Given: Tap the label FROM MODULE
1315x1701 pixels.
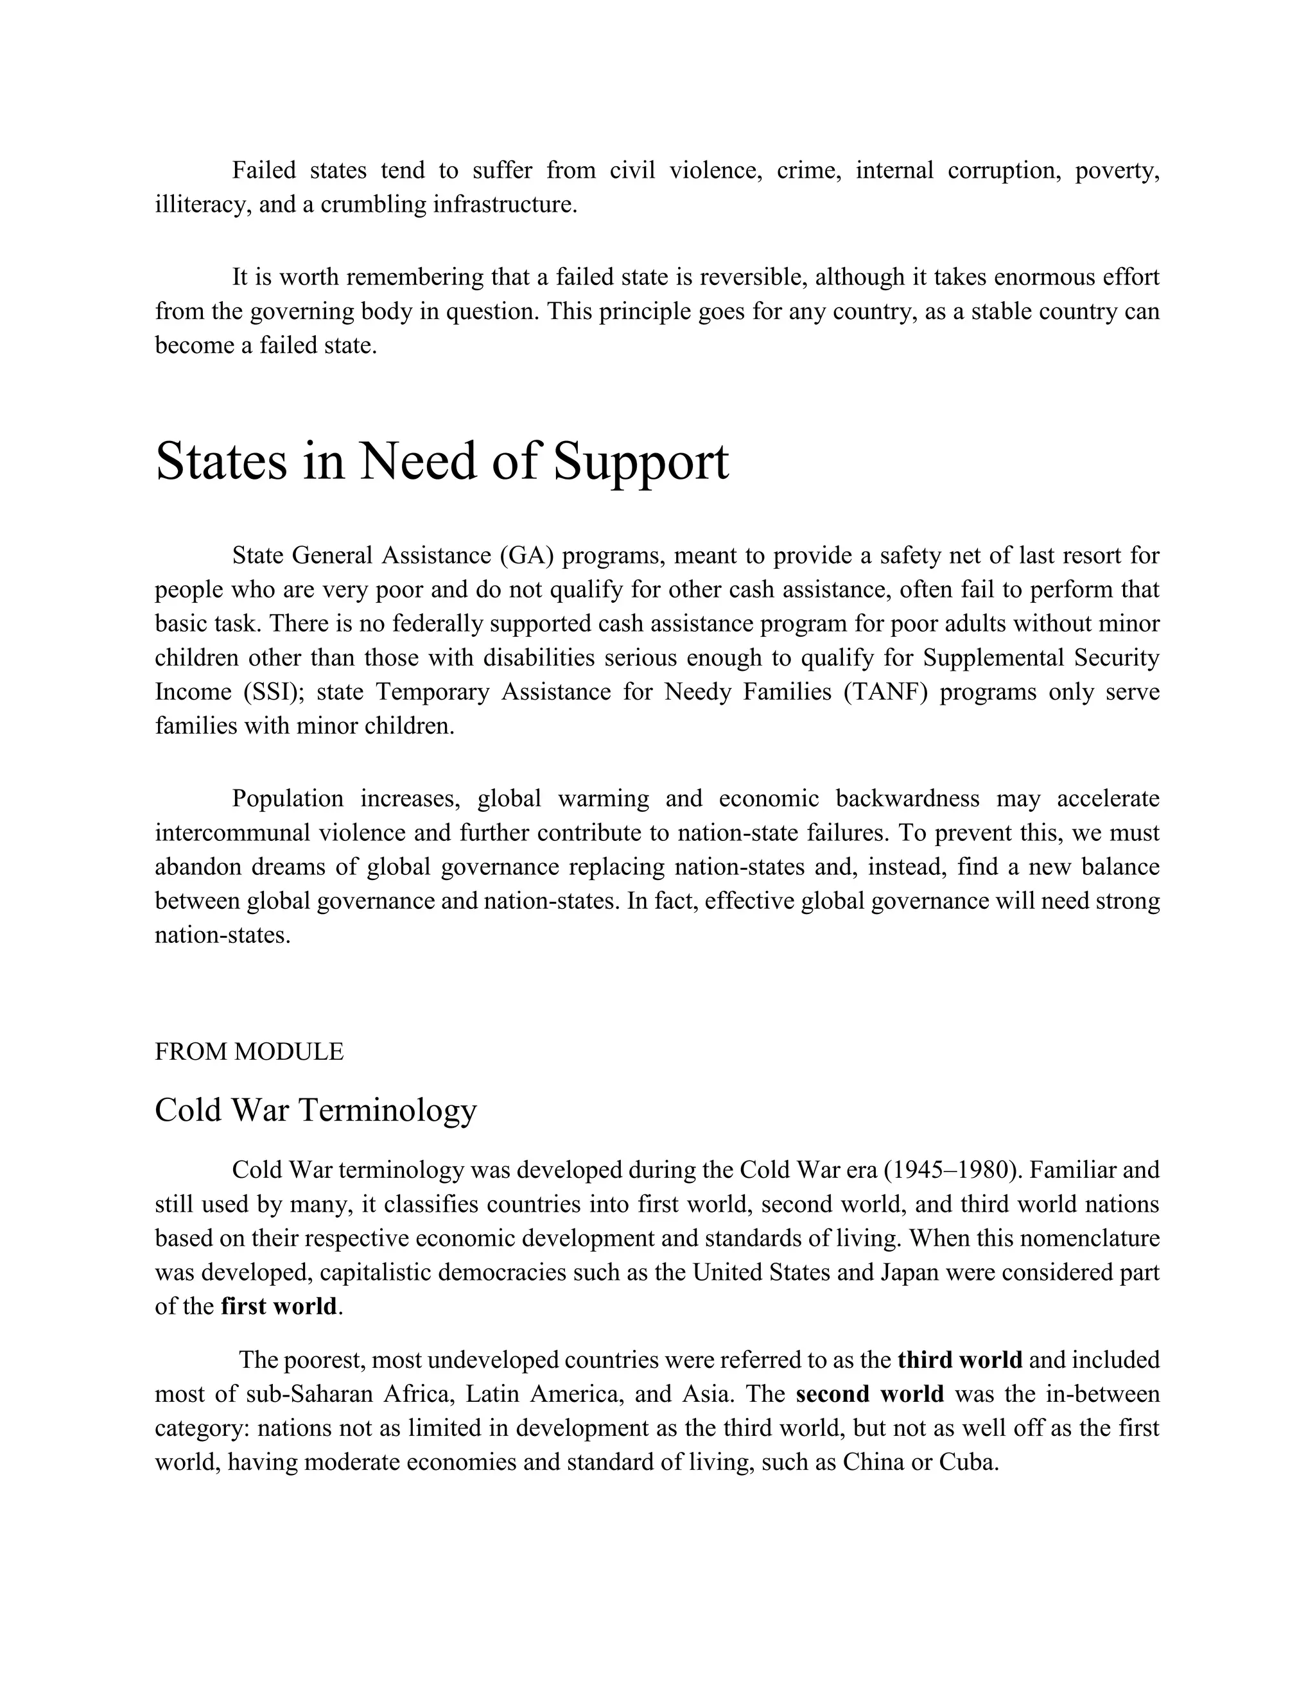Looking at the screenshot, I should (x=248, y=1051).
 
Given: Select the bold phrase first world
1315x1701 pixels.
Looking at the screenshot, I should (x=279, y=1306).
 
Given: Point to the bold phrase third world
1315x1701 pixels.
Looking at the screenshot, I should (x=960, y=1360).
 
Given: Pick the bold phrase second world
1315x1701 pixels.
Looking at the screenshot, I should (x=869, y=1394).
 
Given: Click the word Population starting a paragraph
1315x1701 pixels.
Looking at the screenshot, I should (x=288, y=799).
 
